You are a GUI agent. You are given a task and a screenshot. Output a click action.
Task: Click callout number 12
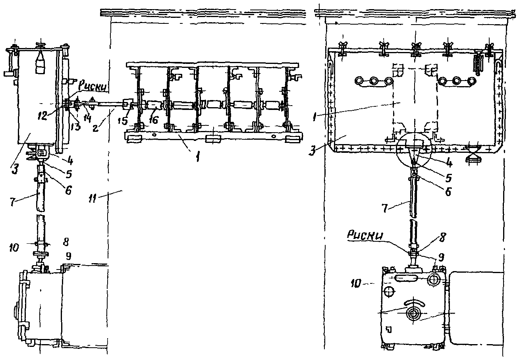[43, 116]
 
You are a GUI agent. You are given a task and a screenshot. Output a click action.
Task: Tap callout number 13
[76, 127]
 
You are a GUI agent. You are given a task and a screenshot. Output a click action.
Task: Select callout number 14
[87, 118]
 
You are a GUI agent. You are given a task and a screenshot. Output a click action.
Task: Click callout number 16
[153, 119]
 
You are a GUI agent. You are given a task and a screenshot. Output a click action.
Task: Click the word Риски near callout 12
[93, 87]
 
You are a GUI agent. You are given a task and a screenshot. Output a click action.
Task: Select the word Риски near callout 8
[365, 235]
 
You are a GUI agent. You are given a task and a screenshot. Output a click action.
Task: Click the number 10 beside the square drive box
[356, 283]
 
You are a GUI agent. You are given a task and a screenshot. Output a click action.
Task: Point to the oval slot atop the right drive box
[405, 278]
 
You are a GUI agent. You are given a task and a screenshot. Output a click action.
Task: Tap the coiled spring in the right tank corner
[478, 64]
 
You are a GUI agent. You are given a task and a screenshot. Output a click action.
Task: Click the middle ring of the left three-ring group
[374, 81]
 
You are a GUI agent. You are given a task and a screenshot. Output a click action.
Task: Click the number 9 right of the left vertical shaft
[68, 256]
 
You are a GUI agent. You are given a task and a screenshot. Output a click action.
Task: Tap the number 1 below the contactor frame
[197, 158]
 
